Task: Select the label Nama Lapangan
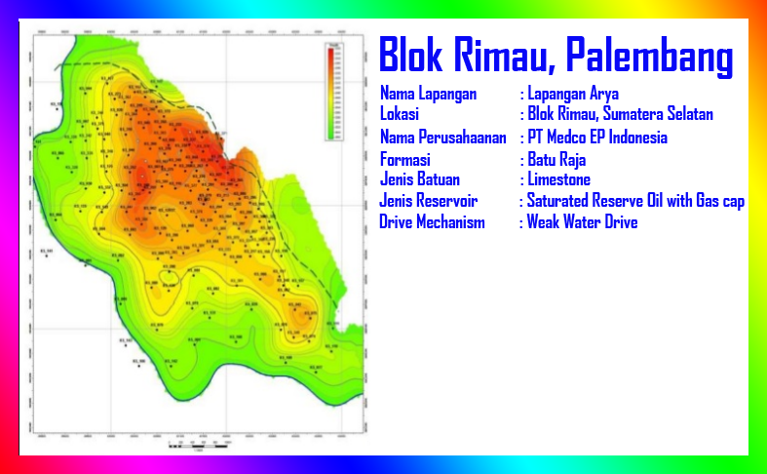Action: (x=428, y=94)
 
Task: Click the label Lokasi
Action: (x=400, y=115)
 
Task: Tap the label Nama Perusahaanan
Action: (x=442, y=138)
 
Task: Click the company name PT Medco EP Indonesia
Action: (x=596, y=138)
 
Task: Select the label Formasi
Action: (x=405, y=159)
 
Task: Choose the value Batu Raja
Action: (x=556, y=159)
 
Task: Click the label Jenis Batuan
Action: (x=420, y=179)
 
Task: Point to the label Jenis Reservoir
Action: (x=429, y=201)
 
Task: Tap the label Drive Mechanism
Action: (x=432, y=222)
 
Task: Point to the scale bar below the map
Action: (x=200, y=445)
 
